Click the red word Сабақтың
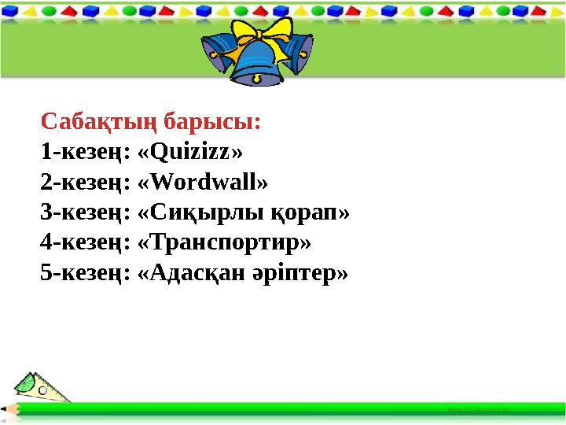[97, 123]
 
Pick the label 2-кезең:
[85, 183]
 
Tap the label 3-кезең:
[85, 213]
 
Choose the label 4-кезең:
[85, 243]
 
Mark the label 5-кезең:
[85, 273]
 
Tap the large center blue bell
[258, 63]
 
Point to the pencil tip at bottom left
[6, 409]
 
